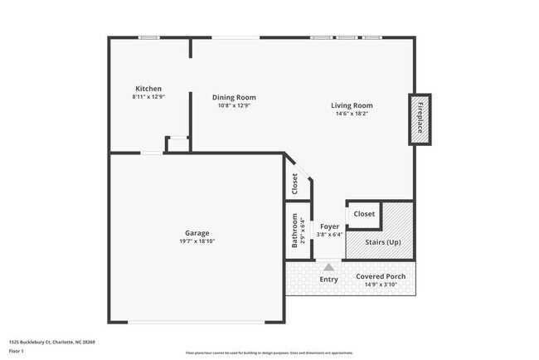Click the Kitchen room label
coord(148,89)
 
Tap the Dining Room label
coord(234,97)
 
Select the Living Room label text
coord(352,105)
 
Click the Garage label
coord(197,233)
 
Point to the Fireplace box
coord(420,119)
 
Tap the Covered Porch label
coord(380,276)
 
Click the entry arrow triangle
coord(329,267)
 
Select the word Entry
coord(329,280)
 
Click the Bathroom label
coord(294,231)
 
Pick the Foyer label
coord(329,226)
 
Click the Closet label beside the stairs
coord(364,214)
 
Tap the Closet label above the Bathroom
coord(294,184)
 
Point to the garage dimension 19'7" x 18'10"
coord(197,241)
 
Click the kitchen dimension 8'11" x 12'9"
coord(148,97)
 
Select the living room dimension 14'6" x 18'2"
coord(352,114)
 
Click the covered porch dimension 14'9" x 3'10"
coord(380,285)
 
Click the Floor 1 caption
coord(16,351)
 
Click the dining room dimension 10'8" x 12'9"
coord(234,105)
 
